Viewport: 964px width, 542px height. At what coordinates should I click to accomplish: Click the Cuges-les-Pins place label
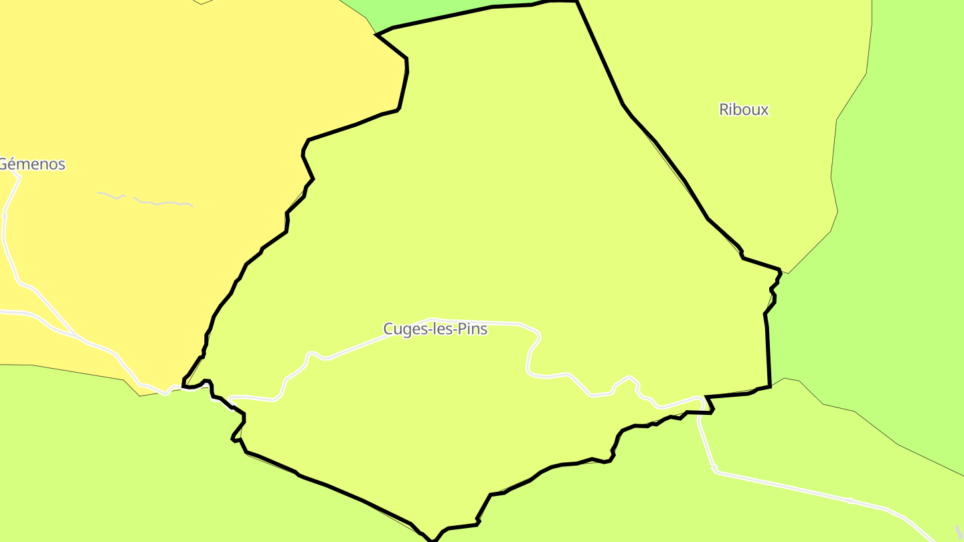tap(435, 329)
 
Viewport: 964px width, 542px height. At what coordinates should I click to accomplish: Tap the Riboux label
tap(744, 110)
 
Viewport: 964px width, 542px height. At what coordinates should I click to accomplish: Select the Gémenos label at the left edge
tap(32, 164)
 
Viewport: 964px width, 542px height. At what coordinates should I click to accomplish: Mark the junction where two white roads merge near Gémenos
tap(74, 333)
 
